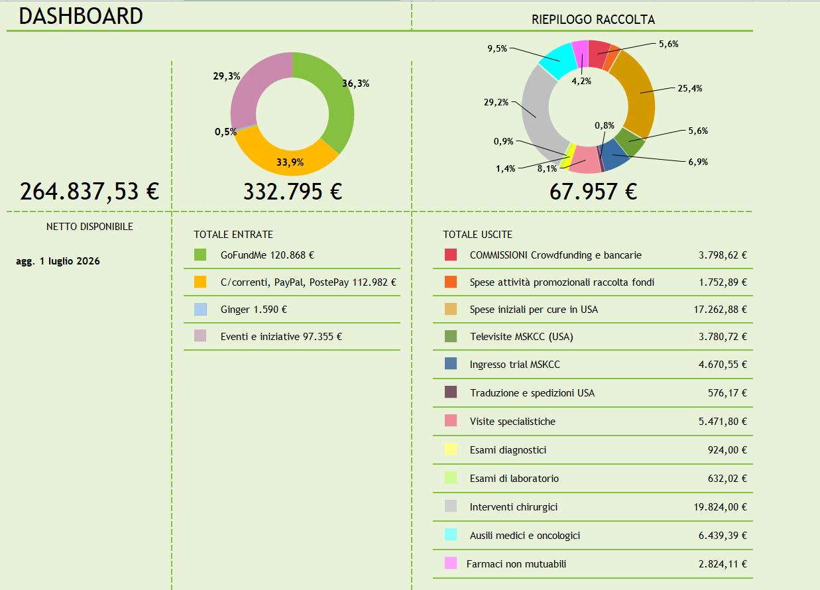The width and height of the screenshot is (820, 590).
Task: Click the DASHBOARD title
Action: (80, 16)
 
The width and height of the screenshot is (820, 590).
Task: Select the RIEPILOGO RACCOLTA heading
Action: (593, 19)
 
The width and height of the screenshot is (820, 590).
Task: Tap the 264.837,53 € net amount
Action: (89, 192)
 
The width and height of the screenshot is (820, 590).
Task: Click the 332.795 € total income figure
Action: (293, 192)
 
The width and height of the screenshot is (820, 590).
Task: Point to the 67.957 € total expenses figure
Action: (593, 192)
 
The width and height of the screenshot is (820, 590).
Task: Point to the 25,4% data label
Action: (689, 88)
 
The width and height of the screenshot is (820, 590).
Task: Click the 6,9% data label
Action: (698, 162)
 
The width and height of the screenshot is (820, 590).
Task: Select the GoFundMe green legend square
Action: (200, 255)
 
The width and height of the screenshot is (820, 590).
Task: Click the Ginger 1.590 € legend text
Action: (254, 310)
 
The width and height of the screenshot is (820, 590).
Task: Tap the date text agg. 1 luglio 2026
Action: (58, 261)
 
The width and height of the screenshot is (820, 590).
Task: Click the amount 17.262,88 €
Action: (720, 310)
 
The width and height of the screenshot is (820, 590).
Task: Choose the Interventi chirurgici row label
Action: (514, 507)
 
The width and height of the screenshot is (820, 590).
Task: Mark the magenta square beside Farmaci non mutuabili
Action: (451, 563)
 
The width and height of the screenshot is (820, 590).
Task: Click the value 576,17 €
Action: (727, 393)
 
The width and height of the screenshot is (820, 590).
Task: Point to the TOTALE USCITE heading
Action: (477, 235)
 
